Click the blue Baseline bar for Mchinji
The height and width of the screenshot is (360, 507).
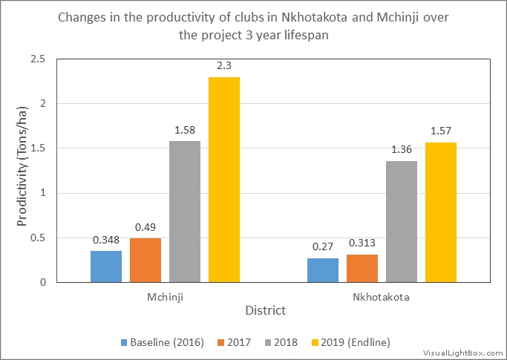[106, 266]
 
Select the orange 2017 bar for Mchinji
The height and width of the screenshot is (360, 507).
[145, 260]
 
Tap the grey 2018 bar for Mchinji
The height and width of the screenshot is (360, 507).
[185, 212]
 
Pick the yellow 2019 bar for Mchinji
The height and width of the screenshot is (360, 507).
[224, 180]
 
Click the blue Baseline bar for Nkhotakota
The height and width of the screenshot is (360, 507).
[323, 270]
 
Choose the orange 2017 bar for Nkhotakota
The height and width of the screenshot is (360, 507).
[362, 268]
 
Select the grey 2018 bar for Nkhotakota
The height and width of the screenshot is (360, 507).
[401, 221]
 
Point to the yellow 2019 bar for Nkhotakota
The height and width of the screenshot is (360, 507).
[440, 212]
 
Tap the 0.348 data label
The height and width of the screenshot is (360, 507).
[106, 240]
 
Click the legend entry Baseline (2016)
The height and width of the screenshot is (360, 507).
[158, 342]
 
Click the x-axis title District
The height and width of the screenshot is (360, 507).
[266, 310]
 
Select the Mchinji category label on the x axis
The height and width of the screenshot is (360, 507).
[165, 296]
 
